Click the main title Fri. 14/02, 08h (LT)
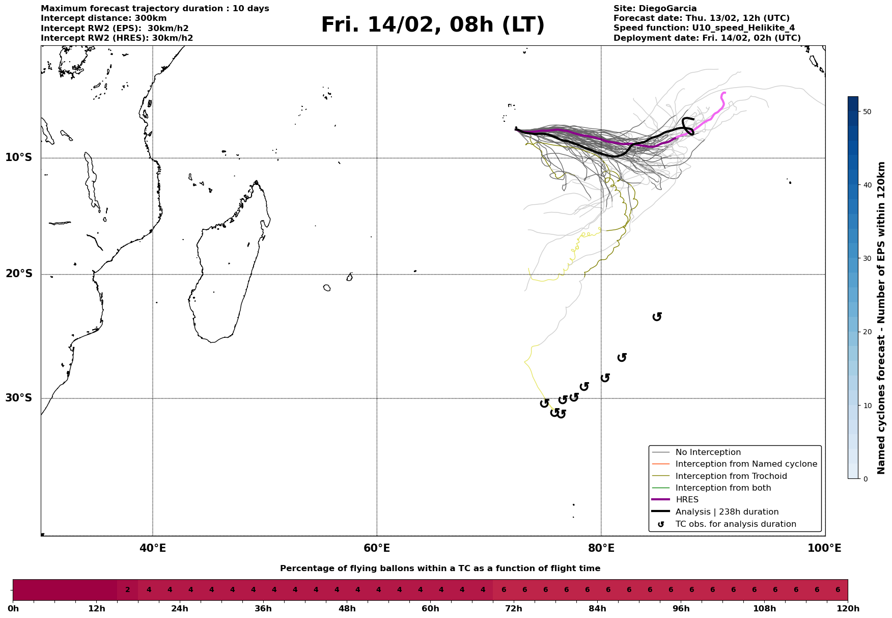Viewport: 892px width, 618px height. (433, 25)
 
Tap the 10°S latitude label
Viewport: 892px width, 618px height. (19, 157)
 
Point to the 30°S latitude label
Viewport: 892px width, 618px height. (19, 398)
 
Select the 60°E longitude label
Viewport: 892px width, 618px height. (377, 548)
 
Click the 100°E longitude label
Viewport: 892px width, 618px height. (824, 548)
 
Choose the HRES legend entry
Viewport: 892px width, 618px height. (687, 500)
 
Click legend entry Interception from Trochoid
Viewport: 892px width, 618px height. (731, 476)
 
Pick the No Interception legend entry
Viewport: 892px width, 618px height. (708, 452)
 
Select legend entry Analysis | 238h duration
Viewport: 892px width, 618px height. (727, 512)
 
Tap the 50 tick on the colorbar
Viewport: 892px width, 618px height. (866, 112)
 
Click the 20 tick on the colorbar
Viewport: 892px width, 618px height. (866, 332)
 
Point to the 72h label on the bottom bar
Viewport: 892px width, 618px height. (514, 609)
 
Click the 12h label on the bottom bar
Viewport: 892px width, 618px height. (96, 609)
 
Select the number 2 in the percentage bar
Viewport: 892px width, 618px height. (128, 590)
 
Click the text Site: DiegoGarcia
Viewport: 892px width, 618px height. (655, 9)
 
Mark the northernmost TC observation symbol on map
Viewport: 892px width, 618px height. (657, 317)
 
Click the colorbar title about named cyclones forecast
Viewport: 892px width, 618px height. (882, 318)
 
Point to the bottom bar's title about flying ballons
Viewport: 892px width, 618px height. (440, 569)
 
